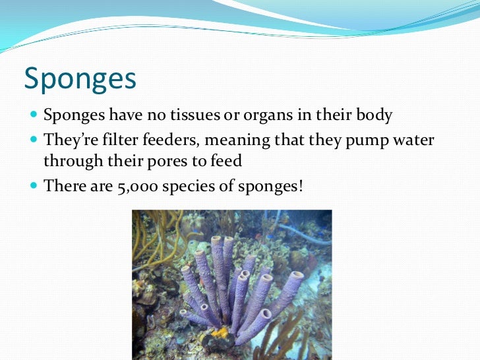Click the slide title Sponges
coord(80,79)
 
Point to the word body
coord(374,117)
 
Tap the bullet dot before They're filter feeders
coord(34,140)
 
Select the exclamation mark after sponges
coord(301,186)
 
